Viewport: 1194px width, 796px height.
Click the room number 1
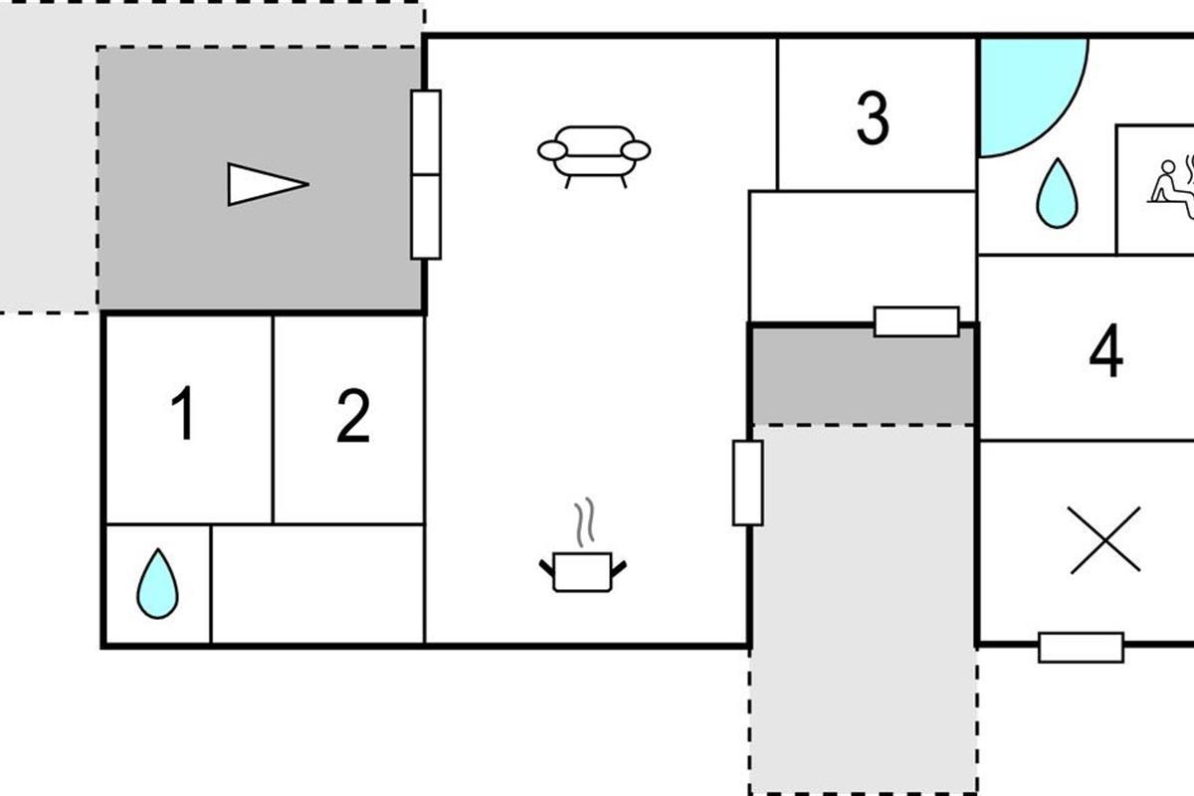pyautogui.click(x=183, y=413)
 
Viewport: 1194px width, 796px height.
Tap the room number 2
pyautogui.click(x=353, y=415)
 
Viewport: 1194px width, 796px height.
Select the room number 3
pyautogui.click(x=874, y=117)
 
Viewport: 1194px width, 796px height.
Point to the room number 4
pyautogui.click(x=1106, y=350)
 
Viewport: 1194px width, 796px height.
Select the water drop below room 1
pyautogui.click(x=158, y=584)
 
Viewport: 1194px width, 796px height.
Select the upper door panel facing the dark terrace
pyautogui.click(x=426, y=132)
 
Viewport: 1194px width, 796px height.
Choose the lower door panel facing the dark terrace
pyautogui.click(x=426, y=217)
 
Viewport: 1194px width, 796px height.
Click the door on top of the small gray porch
pyautogui.click(x=916, y=321)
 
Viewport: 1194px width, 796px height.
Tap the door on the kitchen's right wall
pyautogui.click(x=748, y=483)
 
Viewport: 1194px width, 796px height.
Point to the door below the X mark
pyautogui.click(x=1081, y=648)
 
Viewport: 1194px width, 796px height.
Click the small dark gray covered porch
pyautogui.click(x=863, y=376)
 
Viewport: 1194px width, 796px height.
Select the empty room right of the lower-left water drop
pyautogui.click(x=317, y=584)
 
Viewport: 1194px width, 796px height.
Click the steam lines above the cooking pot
pyautogui.click(x=585, y=522)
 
